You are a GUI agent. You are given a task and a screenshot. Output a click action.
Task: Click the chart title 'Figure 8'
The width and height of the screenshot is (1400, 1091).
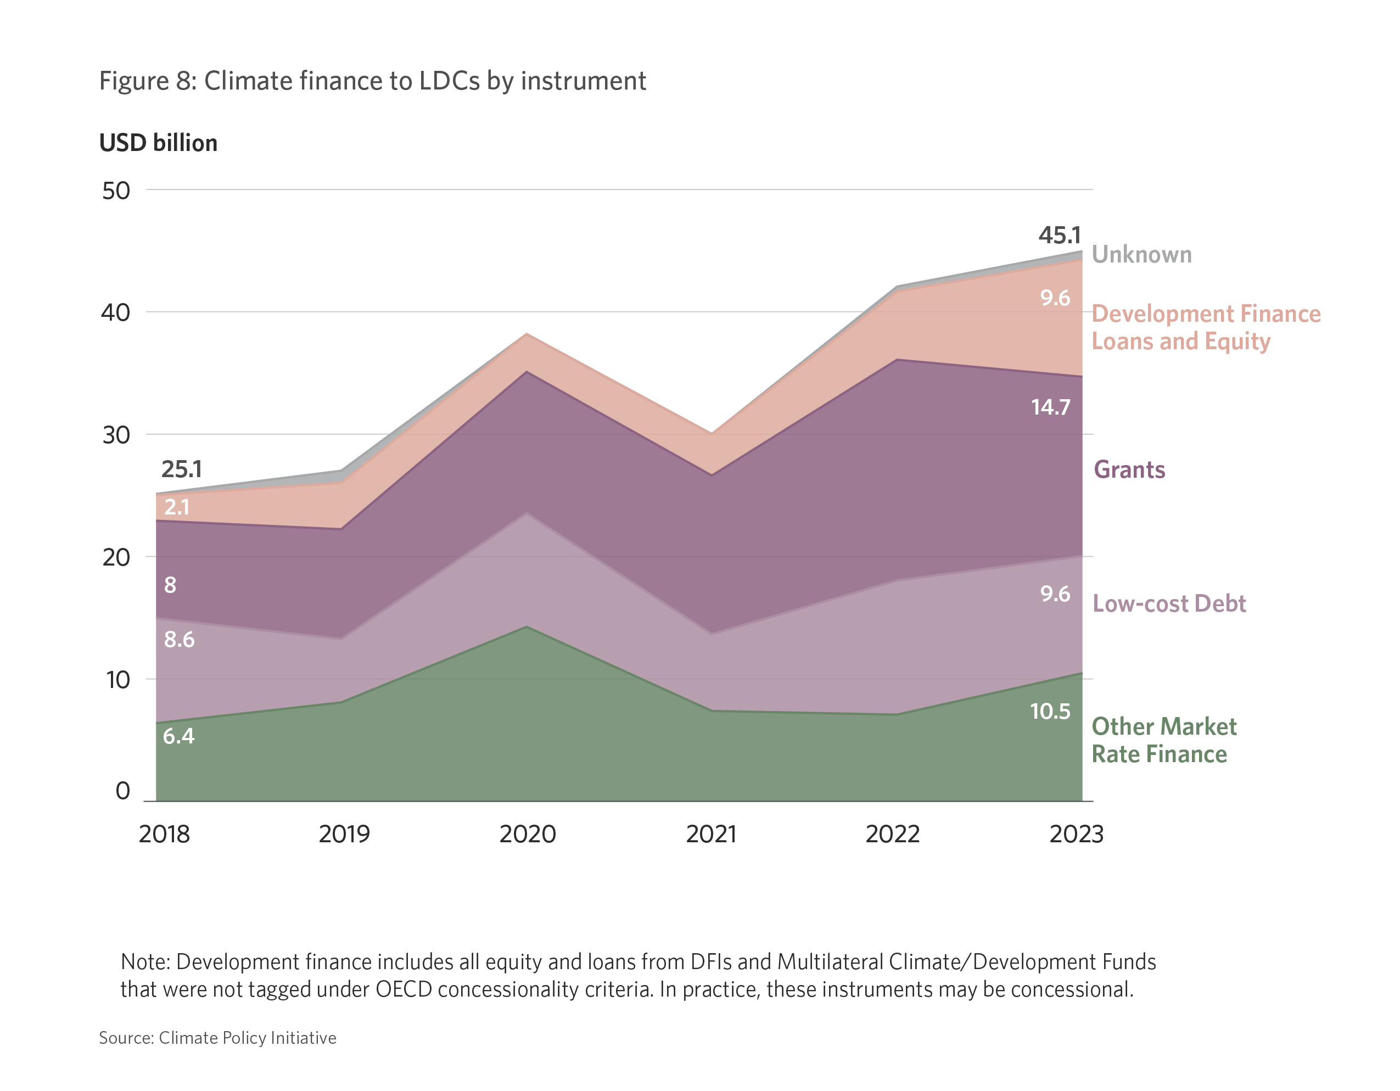372,81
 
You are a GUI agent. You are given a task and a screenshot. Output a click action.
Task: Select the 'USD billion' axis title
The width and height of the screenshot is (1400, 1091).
158,143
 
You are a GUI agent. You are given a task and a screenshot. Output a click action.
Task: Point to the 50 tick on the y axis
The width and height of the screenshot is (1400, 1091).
116,191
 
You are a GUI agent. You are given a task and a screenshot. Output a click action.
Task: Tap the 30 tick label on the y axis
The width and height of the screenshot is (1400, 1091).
116,435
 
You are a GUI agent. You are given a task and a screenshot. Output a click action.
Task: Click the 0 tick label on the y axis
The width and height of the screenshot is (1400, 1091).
122,791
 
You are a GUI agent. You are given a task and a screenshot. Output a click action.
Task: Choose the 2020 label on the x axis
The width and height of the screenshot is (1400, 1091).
528,834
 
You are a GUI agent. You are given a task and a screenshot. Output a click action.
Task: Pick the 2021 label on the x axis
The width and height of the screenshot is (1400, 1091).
711,834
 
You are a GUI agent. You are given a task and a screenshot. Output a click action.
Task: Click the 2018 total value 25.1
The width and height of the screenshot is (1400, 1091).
181,469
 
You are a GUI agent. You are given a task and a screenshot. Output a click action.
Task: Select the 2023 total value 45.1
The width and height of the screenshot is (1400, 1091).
1060,235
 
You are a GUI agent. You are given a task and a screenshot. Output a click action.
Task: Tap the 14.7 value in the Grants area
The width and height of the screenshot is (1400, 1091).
1051,407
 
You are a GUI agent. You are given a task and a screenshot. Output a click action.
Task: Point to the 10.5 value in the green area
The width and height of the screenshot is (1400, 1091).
1050,711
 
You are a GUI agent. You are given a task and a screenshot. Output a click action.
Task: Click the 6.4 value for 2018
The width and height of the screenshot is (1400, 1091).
178,736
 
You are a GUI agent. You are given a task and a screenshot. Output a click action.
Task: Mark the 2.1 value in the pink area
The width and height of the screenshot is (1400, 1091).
177,507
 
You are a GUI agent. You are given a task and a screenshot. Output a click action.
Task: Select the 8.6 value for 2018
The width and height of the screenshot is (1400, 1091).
179,639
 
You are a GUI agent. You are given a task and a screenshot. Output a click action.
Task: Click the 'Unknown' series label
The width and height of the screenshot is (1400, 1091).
1141,254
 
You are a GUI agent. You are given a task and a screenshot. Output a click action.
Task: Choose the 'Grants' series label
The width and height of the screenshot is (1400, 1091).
1129,470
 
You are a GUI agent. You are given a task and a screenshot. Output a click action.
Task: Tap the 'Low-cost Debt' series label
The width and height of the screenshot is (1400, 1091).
1169,604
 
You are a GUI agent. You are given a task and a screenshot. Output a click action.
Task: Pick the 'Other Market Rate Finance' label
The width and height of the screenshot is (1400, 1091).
1163,740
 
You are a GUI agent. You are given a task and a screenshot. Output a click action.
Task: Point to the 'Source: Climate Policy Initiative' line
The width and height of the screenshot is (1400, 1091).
217,1038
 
